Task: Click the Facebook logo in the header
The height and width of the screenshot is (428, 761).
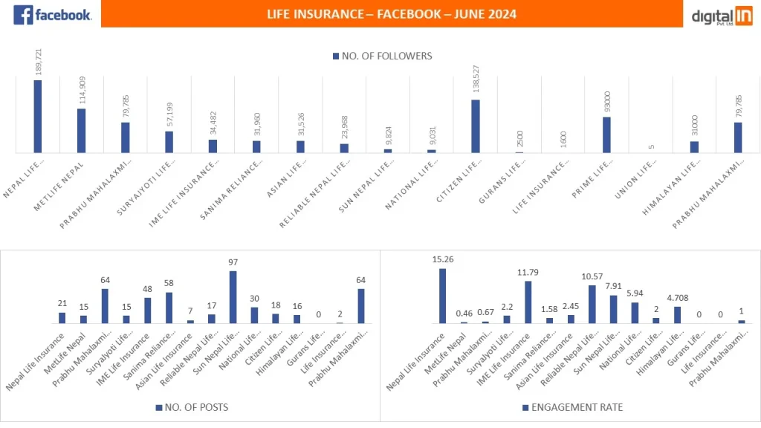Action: click(52, 14)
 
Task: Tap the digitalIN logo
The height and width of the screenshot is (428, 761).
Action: click(722, 15)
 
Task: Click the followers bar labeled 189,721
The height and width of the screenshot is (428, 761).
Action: click(37, 116)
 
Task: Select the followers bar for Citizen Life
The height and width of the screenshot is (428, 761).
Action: click(476, 126)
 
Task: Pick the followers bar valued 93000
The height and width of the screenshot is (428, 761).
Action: click(606, 134)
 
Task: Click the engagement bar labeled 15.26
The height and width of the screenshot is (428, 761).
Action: click(442, 296)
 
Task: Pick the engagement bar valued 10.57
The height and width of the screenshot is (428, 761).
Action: click(592, 305)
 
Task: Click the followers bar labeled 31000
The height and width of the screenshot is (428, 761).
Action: click(694, 147)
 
